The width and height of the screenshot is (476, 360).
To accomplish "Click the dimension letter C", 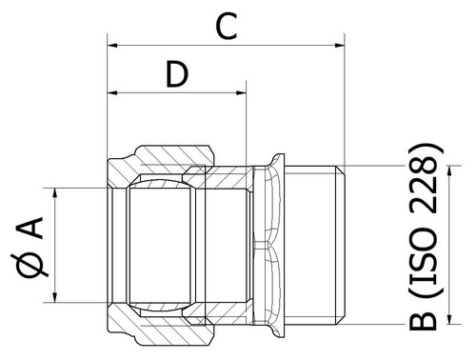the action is [227, 27].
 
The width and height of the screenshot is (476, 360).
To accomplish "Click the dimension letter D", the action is [177, 74].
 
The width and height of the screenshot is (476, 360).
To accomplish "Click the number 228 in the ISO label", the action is [423, 190].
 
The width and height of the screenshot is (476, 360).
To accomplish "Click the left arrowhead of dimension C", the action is [112, 46].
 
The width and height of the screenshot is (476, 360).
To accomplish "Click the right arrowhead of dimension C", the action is [340, 46].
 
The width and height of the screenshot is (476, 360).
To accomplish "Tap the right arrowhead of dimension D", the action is [241, 93].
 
